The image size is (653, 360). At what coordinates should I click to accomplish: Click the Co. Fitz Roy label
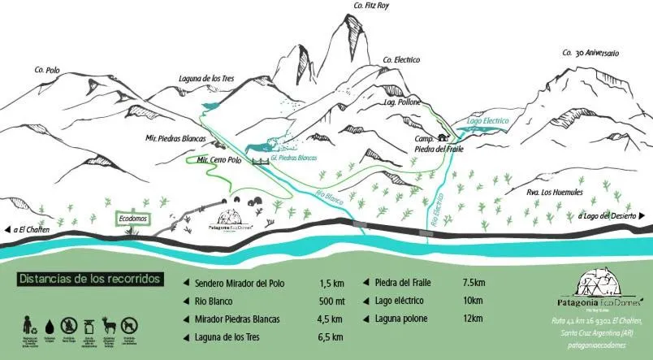(x=371, y=6)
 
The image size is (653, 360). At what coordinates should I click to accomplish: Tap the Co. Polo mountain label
(x=47, y=71)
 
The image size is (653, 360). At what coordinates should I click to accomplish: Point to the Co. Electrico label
(x=400, y=59)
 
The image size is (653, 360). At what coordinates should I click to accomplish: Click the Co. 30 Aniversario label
(x=590, y=53)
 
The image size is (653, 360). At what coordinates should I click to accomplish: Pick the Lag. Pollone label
(x=402, y=103)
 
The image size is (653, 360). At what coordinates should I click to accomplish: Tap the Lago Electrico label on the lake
(x=487, y=121)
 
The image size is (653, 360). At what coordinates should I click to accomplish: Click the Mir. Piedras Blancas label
(x=176, y=138)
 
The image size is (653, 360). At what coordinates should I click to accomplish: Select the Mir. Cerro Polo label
(x=220, y=160)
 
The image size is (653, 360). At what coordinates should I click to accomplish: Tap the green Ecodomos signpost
(x=132, y=219)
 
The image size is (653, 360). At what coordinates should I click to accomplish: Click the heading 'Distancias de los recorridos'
(x=89, y=279)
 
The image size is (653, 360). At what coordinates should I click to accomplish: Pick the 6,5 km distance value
(x=330, y=336)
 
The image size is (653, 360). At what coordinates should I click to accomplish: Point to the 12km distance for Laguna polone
(x=473, y=318)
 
